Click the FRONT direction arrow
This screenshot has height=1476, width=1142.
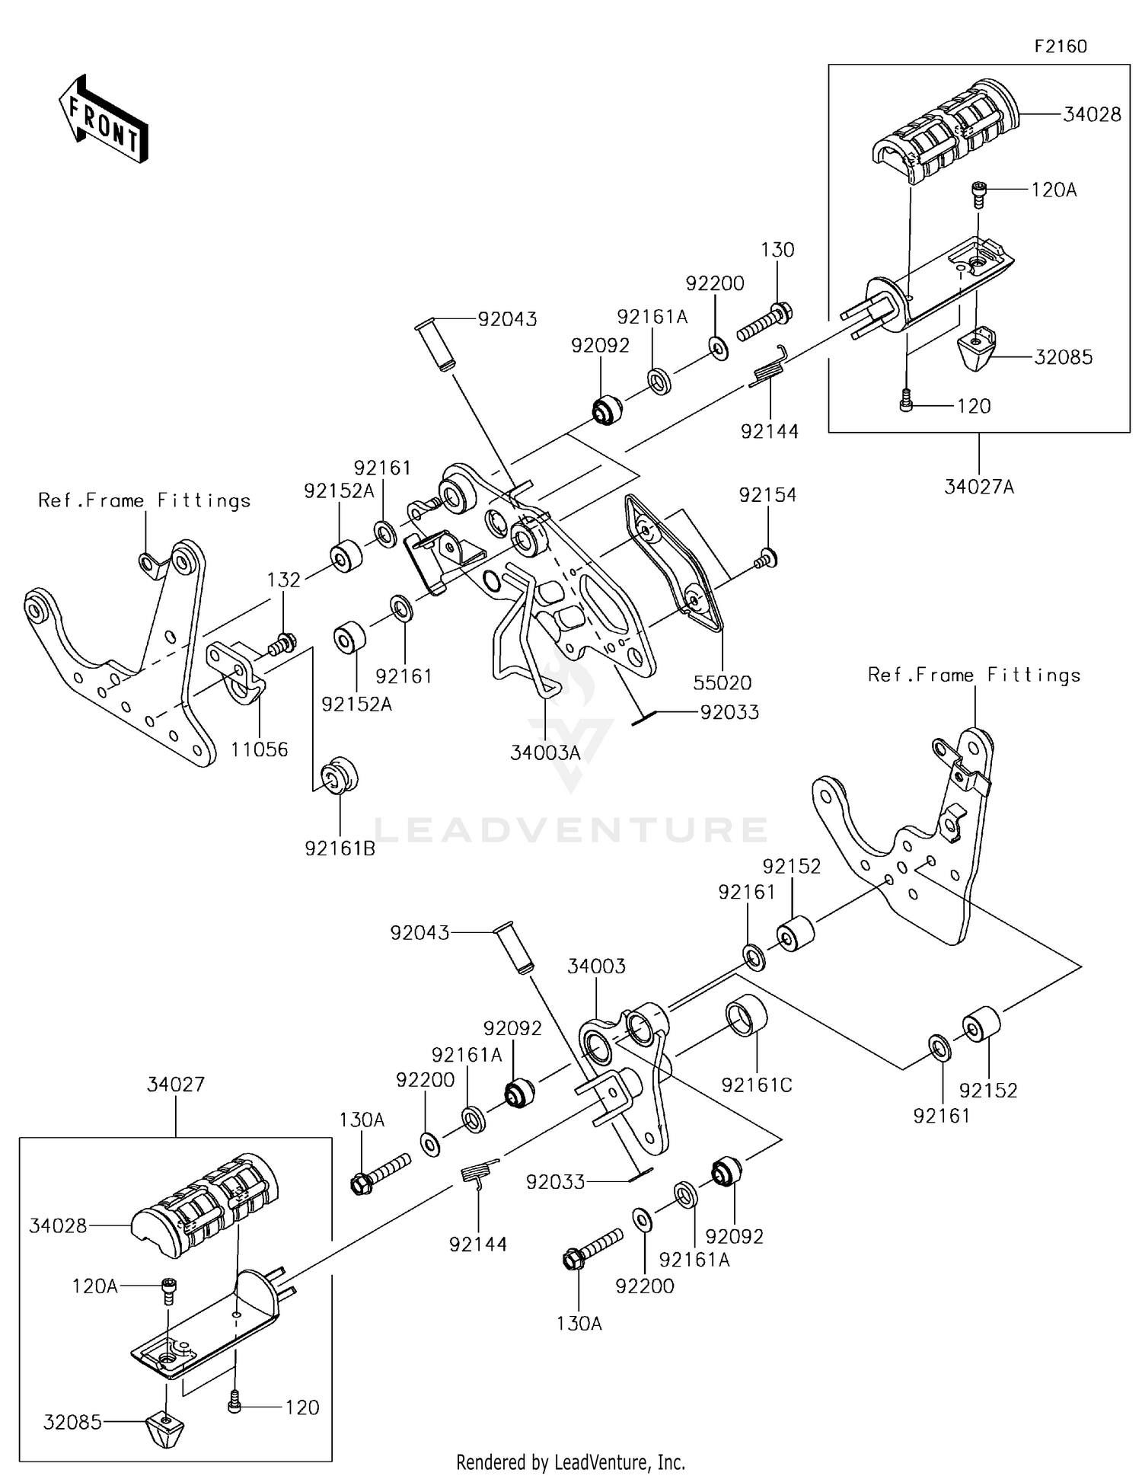pos(104,119)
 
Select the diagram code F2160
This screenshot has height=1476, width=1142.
pos(1061,46)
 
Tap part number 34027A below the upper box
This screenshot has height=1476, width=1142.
pos(979,487)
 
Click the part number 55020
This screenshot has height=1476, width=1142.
pos(723,683)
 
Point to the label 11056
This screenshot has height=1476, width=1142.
pos(260,749)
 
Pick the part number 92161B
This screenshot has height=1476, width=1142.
pos(340,848)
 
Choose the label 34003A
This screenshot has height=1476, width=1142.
pos(545,753)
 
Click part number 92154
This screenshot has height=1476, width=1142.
pos(767,495)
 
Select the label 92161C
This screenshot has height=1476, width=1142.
pos(757,1085)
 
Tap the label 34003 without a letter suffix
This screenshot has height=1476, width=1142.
pos(596,966)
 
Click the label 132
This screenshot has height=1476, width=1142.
pos(283,580)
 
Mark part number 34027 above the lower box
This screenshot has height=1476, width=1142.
pos(176,1084)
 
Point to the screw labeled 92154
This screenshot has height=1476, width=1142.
pos(765,560)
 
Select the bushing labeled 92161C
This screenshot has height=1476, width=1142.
pos(747,1015)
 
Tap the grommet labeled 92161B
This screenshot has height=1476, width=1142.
pos(340,776)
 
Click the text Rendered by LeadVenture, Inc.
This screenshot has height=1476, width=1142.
pos(570,1462)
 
